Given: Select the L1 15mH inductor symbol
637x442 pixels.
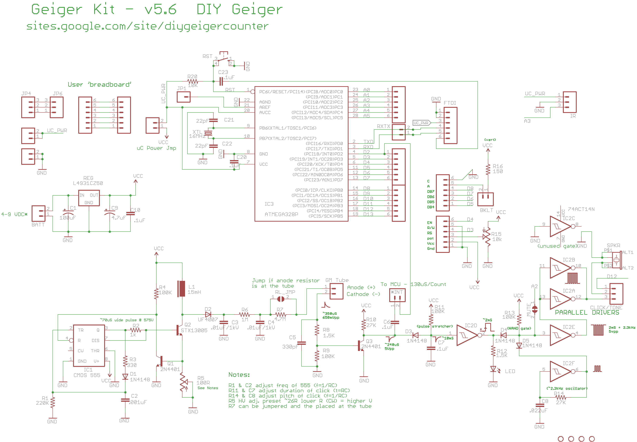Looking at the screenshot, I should [x=182, y=289].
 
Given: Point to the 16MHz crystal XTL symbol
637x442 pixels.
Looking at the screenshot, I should [x=208, y=133].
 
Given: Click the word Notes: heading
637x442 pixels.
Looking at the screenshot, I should [x=239, y=375].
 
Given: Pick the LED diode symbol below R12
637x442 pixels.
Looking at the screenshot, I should [x=493, y=369].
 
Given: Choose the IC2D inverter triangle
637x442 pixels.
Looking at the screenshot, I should [x=467, y=335].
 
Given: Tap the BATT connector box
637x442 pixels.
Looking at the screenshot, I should [x=39, y=213].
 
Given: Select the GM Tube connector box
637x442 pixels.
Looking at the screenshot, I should [x=336, y=291].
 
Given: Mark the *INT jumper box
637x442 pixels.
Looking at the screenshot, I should [x=397, y=295].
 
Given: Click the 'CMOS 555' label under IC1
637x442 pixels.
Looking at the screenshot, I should [x=87, y=375].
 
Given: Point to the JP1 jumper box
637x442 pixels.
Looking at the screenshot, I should [x=183, y=97].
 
